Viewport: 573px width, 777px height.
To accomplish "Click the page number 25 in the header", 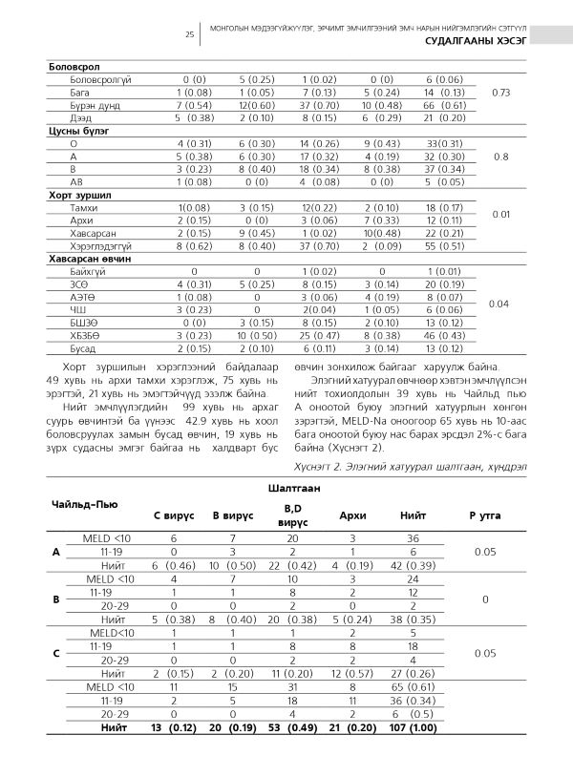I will pyautogui.click(x=190, y=35).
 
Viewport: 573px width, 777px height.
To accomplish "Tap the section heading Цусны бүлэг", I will pyautogui.click(x=77, y=130).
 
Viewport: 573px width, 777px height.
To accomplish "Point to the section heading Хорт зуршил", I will pyautogui.click(x=75, y=193).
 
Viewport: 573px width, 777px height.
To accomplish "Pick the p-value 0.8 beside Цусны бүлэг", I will pyautogui.click(x=500, y=156).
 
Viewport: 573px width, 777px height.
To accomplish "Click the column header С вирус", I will pyautogui.click(x=175, y=514).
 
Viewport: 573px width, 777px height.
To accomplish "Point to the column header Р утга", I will pyautogui.click(x=485, y=514).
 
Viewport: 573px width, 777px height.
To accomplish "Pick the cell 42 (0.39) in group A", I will pyautogui.click(x=414, y=566).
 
